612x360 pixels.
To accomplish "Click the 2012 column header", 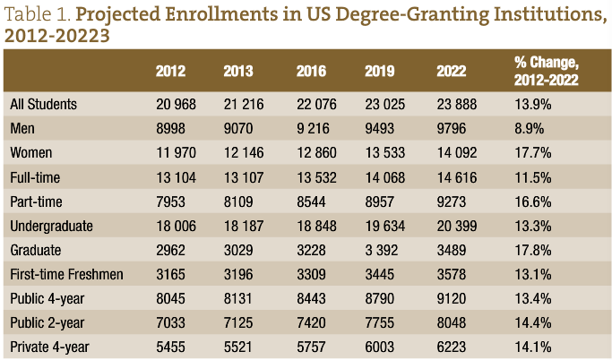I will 170,71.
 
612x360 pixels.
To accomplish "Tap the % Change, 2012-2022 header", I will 547,71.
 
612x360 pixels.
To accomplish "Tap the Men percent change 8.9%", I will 530,128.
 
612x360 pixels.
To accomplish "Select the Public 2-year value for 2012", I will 171,321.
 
